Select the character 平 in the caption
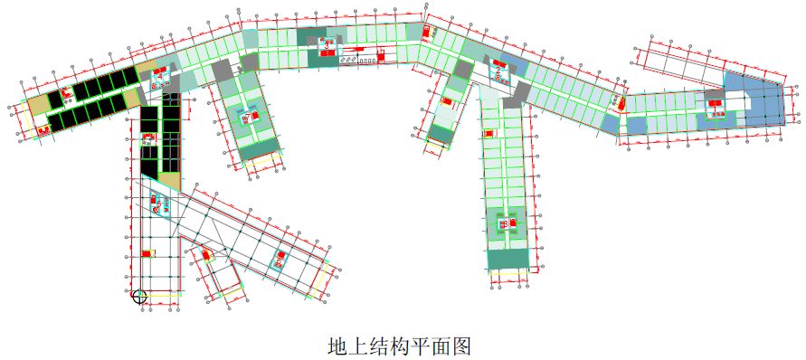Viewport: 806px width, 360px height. coord(422,346)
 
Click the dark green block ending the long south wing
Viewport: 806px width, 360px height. coord(509,259)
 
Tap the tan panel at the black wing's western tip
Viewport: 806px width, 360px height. coord(37,106)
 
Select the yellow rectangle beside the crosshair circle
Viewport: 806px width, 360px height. coord(164,294)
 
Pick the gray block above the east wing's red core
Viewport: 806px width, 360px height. coord(714,93)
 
